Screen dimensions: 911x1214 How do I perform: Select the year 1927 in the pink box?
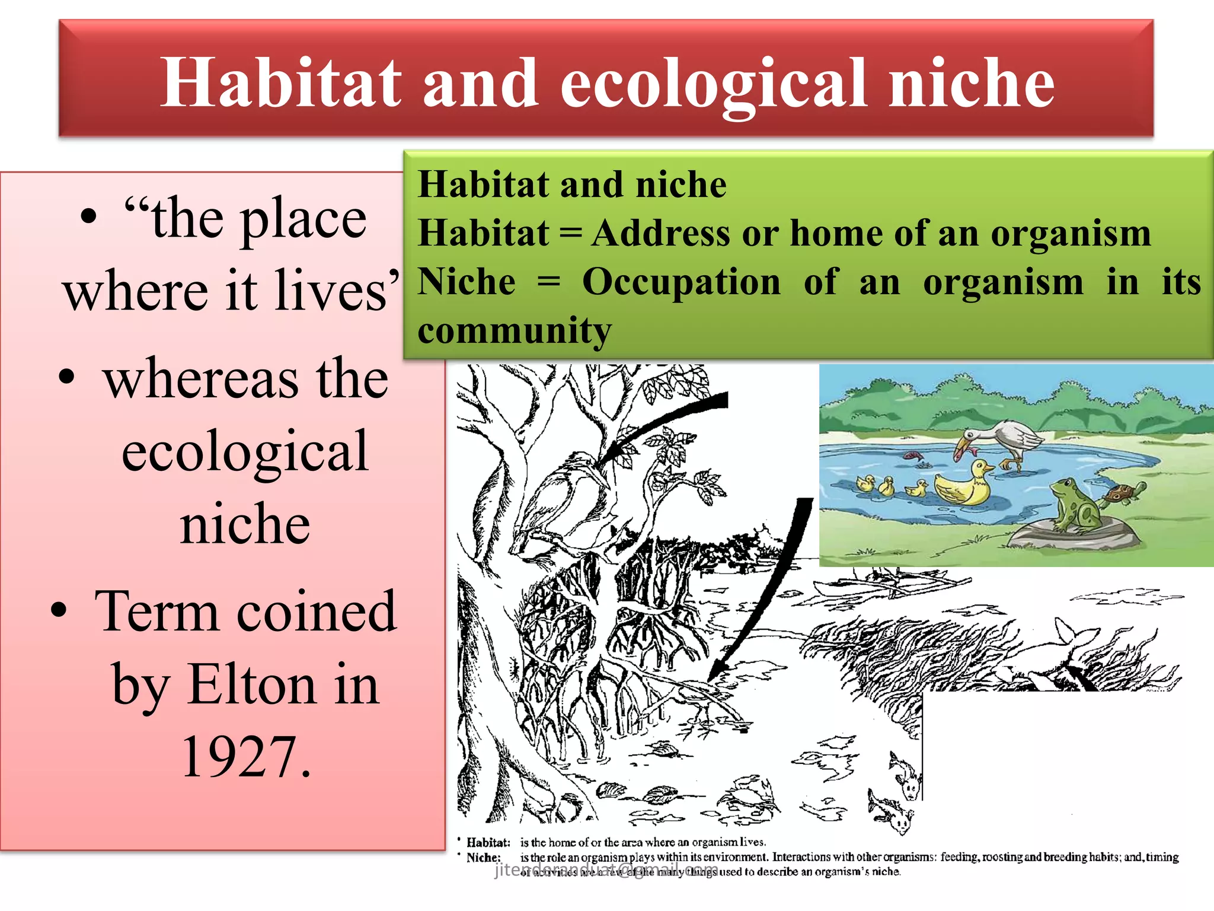pyautogui.click(x=245, y=757)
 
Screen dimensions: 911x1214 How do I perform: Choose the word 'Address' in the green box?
pyautogui.click(x=660, y=232)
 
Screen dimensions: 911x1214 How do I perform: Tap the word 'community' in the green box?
pyautogui.click(x=515, y=330)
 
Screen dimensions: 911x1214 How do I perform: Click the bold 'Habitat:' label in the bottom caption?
pyautogui.click(x=488, y=842)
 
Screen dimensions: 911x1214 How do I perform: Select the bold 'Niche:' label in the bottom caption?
pyautogui.click(x=483, y=858)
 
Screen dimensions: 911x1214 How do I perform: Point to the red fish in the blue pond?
pyautogui.click(x=913, y=455)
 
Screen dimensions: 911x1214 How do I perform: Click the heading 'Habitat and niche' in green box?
pyautogui.click(x=572, y=184)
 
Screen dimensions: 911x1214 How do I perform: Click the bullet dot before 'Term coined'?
pyautogui.click(x=58, y=610)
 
